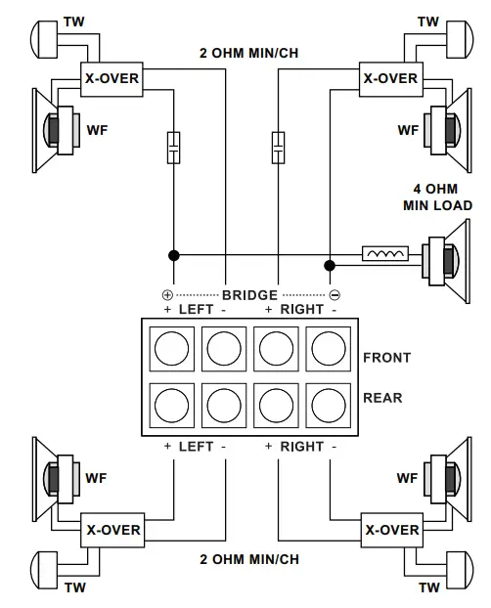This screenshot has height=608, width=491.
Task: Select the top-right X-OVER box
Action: (x=390, y=77)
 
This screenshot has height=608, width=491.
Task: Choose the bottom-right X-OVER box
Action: (x=392, y=530)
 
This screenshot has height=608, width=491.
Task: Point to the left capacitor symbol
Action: (x=173, y=148)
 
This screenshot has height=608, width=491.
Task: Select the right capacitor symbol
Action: (x=278, y=148)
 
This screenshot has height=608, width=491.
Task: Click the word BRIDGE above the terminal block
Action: (x=249, y=294)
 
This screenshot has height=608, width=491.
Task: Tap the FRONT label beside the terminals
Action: (x=387, y=358)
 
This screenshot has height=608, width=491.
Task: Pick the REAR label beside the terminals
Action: (x=382, y=398)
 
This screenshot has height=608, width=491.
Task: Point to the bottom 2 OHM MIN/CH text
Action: (x=249, y=560)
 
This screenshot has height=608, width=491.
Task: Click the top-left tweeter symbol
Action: (x=46, y=37)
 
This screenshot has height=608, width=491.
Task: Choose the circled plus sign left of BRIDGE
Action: (x=166, y=294)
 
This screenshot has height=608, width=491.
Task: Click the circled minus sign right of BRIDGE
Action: (x=334, y=294)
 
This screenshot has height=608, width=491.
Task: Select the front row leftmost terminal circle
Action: (x=172, y=346)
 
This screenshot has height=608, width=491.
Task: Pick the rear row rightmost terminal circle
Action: (x=328, y=403)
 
